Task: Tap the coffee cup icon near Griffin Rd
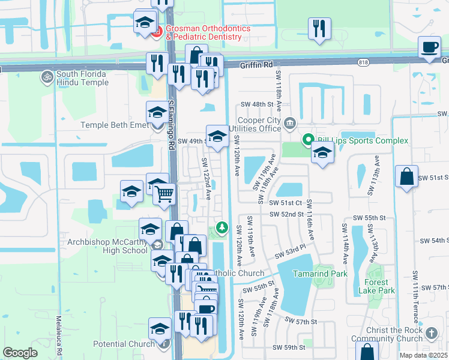tap(429, 47)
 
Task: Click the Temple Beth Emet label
tap(114, 125)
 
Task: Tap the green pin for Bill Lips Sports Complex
tap(309, 140)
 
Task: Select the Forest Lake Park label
tap(379, 286)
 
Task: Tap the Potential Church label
tap(124, 344)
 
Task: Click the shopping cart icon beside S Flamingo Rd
tap(164, 194)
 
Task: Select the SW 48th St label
tap(259, 104)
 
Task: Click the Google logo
tap(20, 353)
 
